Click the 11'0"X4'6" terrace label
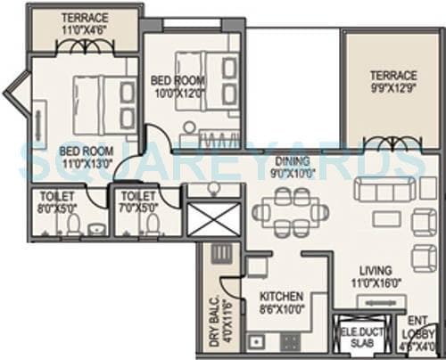click(84, 24)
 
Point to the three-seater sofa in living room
click(384, 189)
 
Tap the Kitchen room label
click(281, 302)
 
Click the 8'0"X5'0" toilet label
click(54, 202)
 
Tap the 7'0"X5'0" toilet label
click(139, 202)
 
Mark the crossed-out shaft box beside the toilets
click(213, 219)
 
